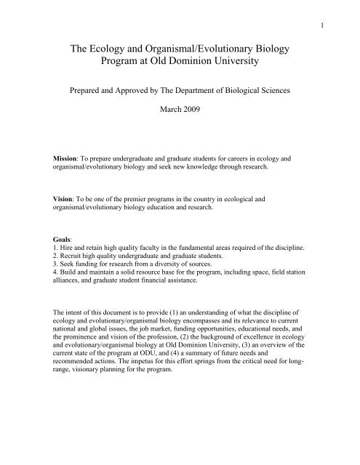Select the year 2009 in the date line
tap(193, 134)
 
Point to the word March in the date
tap(167, 134)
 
